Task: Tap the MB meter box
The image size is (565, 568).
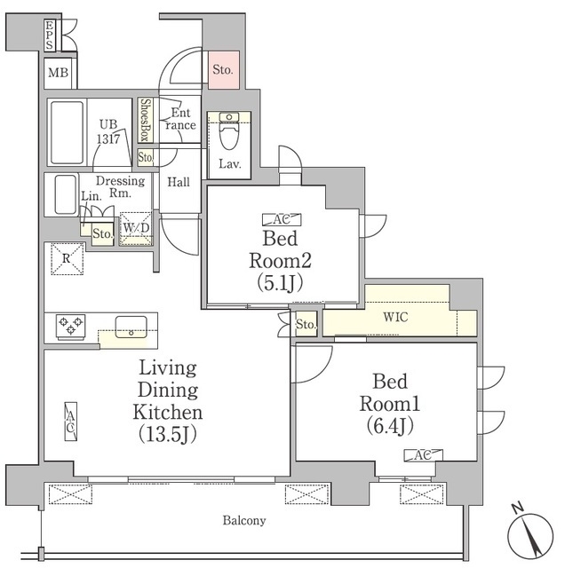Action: click(x=59, y=73)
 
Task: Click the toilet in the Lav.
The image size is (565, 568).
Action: click(x=229, y=133)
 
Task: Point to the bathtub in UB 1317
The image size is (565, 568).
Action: click(x=66, y=132)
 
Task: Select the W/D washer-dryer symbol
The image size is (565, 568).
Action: click(x=137, y=228)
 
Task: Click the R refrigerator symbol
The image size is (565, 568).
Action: click(x=65, y=260)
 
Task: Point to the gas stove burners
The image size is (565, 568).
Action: click(x=70, y=326)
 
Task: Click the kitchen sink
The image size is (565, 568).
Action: click(x=132, y=326)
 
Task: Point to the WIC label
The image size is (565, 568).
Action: click(x=396, y=317)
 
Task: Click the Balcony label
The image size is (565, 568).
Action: click(x=244, y=520)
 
